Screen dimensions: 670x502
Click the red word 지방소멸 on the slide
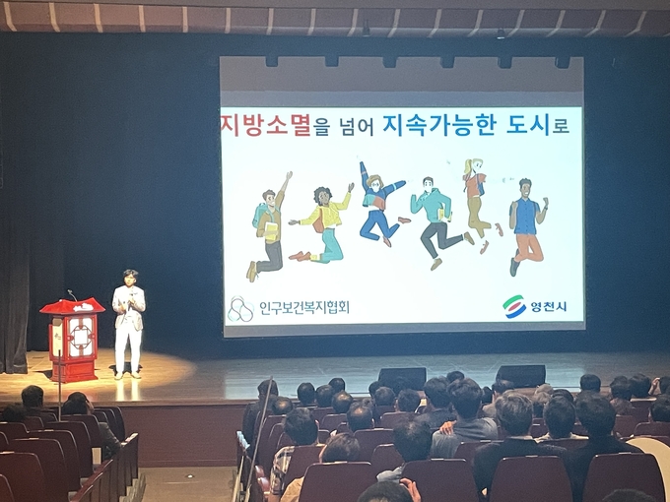click(266, 124)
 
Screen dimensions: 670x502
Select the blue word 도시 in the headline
click(528, 125)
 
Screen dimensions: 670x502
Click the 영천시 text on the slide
click(549, 306)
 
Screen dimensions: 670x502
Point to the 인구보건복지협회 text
click(304, 307)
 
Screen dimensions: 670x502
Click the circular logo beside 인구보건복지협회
click(240, 309)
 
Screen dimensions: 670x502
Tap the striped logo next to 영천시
click(514, 306)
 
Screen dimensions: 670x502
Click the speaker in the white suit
click(128, 324)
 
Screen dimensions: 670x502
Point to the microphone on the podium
click(72, 294)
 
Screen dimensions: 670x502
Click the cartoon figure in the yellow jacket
click(323, 223)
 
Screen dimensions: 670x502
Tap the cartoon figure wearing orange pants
click(528, 226)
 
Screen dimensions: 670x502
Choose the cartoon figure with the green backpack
click(269, 226)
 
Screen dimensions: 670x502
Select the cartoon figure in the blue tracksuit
click(380, 204)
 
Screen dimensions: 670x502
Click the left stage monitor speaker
click(403, 376)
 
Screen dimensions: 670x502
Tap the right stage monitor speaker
click(520, 375)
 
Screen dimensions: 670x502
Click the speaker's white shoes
click(127, 375)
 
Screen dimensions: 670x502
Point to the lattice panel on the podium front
click(81, 338)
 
